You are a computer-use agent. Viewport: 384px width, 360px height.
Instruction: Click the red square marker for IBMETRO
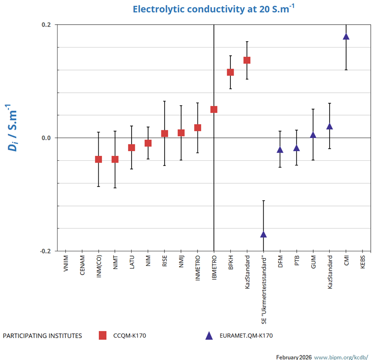click(214, 110)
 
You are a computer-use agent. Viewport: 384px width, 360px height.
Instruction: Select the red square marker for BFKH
click(230, 72)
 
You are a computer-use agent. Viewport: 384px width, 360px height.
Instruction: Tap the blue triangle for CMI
click(346, 37)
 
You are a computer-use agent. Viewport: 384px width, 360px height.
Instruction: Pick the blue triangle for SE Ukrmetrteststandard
click(263, 234)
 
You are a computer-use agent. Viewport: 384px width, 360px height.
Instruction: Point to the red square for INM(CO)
click(98, 159)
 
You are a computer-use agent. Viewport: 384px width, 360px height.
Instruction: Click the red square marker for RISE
click(165, 133)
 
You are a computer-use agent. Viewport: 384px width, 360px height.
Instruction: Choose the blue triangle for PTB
click(296, 148)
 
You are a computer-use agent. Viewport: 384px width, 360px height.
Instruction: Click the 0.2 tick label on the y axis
click(46, 25)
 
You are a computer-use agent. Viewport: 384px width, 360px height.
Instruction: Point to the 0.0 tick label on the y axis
click(46, 138)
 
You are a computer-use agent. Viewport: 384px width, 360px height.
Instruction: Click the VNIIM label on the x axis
click(66, 264)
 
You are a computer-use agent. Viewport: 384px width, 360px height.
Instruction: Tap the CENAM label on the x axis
click(82, 265)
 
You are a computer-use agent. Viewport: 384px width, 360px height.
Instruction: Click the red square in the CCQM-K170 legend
click(102, 336)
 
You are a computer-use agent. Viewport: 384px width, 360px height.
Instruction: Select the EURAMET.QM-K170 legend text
click(245, 336)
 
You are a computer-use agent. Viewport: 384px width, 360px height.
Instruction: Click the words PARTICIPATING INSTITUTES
click(43, 336)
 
